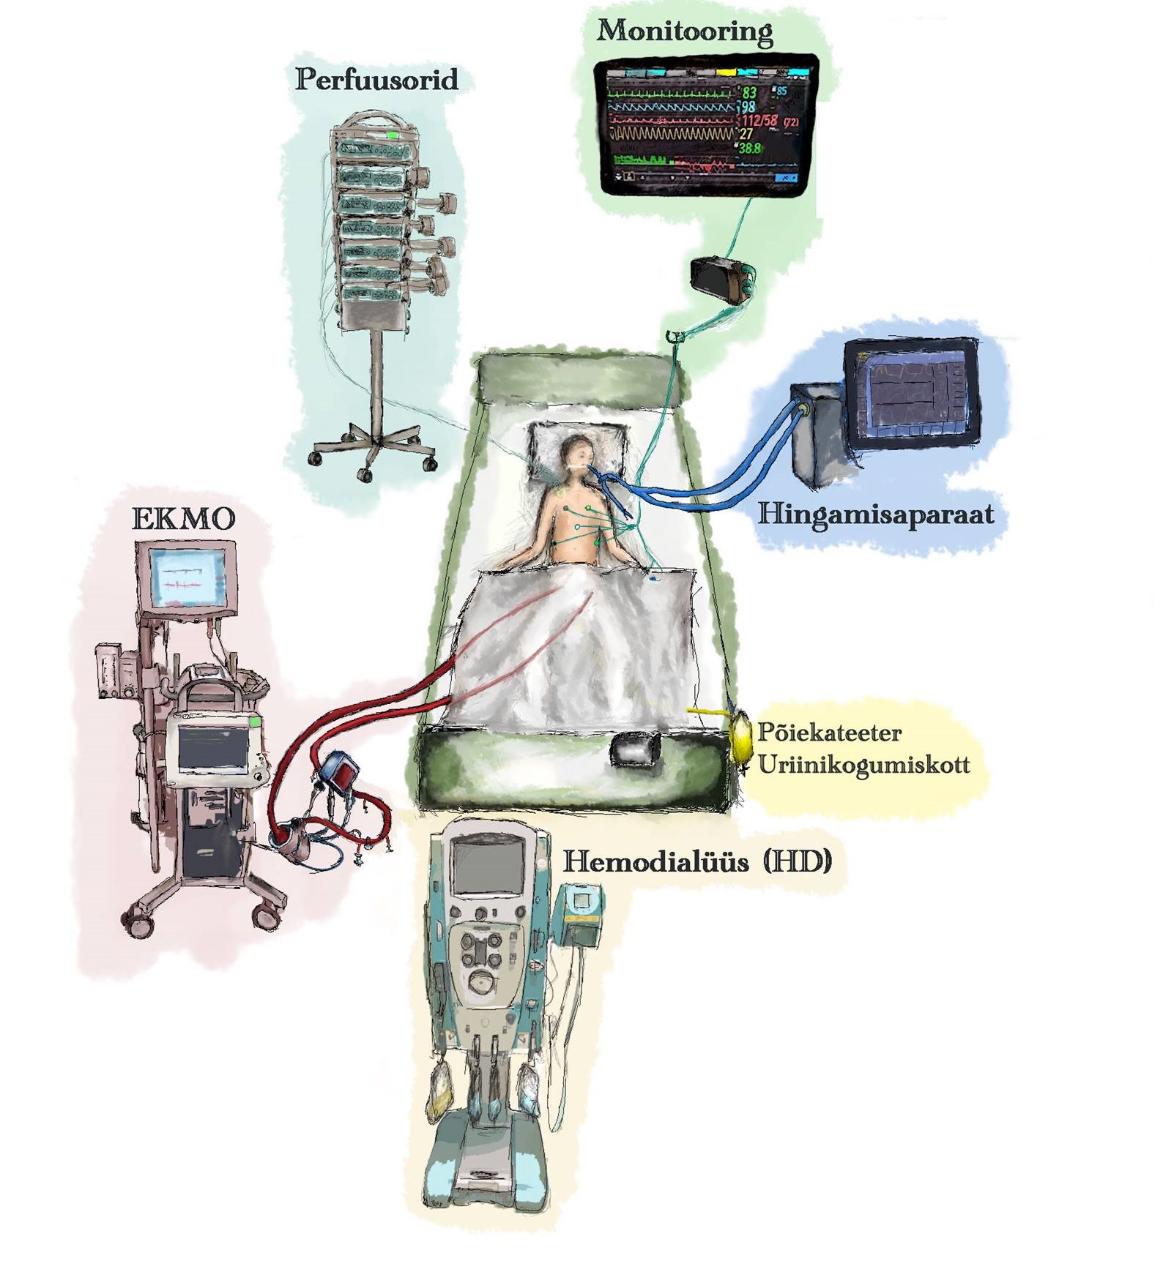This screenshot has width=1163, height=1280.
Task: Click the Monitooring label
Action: pos(684,31)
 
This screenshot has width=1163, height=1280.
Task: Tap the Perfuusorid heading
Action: pos(376,79)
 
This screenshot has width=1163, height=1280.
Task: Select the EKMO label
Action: pos(183,519)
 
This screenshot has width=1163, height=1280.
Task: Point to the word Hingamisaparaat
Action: pos(875,514)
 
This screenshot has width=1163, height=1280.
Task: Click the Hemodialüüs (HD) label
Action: pos(696,861)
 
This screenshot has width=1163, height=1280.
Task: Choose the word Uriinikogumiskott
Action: pos(863,765)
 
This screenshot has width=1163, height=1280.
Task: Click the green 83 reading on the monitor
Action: pos(748,93)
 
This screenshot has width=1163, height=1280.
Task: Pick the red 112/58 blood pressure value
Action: pos(759,120)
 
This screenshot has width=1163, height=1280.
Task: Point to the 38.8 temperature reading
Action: pos(749,148)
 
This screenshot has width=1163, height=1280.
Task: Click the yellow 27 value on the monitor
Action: pos(746,134)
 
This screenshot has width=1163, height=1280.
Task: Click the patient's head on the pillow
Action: pos(577,452)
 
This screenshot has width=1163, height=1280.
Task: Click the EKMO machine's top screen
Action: pos(187,574)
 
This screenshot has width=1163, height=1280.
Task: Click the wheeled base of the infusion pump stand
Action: pos(374,447)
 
